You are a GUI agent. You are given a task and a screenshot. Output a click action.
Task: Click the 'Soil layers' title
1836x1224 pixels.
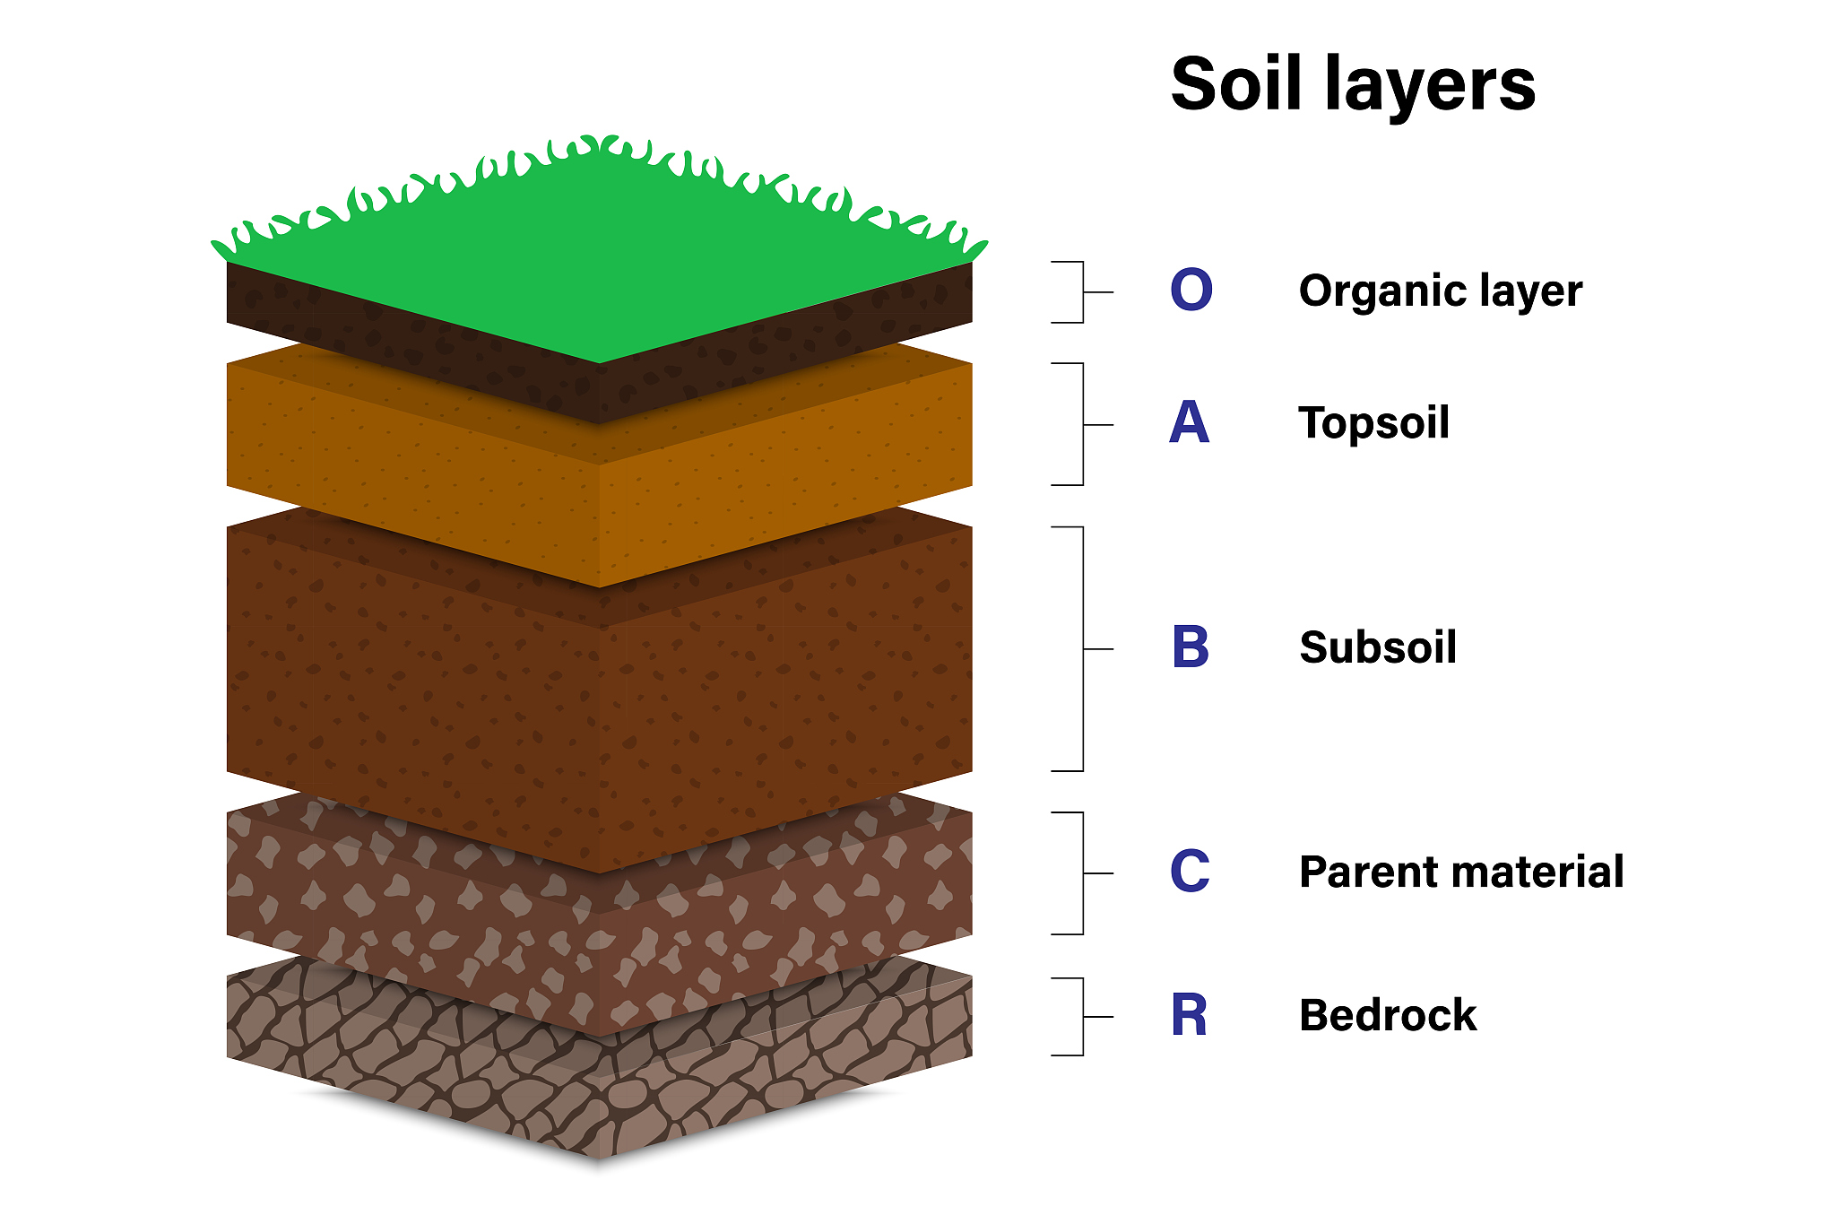pyautogui.click(x=1353, y=85)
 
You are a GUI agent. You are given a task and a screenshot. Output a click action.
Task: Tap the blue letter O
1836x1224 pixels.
pyautogui.click(x=1191, y=291)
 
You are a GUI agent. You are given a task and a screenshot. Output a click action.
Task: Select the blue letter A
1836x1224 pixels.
pyautogui.click(x=1190, y=423)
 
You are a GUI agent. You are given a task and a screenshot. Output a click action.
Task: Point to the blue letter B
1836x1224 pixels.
pyautogui.click(x=1191, y=647)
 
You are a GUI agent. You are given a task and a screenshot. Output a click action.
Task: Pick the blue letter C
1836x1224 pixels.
pyautogui.click(x=1190, y=872)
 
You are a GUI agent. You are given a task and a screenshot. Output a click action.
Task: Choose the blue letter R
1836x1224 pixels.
pyautogui.click(x=1189, y=1016)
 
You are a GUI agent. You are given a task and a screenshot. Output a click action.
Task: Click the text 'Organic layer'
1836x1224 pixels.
pyautogui.click(x=1441, y=291)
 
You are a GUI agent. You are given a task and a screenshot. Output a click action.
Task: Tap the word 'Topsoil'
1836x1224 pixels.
pyautogui.click(x=1373, y=423)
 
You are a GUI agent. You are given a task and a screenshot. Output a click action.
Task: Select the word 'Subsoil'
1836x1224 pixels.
pyautogui.click(x=1378, y=647)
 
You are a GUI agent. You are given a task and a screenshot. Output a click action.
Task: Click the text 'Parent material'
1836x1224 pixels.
pyautogui.click(x=1461, y=872)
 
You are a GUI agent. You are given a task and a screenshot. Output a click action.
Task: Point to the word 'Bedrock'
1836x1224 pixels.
pyautogui.click(x=1388, y=1016)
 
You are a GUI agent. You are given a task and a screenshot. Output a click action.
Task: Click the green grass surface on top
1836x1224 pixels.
pyautogui.click(x=599, y=251)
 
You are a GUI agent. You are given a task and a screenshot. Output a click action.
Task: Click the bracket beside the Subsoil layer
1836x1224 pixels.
pyautogui.click(x=1082, y=648)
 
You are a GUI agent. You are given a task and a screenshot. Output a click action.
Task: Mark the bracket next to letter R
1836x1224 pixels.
pyautogui.click(x=1082, y=1017)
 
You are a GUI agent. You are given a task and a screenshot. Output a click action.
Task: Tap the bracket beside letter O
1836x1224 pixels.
pyautogui.click(x=1082, y=292)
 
